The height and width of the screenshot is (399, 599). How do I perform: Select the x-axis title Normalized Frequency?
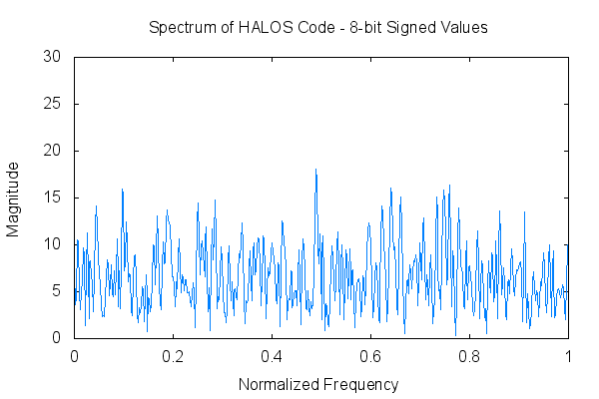click(x=318, y=384)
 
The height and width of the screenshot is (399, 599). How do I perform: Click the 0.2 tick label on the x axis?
click(x=174, y=356)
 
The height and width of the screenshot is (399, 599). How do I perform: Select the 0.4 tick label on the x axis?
click(x=273, y=356)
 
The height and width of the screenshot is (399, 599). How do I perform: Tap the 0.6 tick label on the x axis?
click(x=371, y=356)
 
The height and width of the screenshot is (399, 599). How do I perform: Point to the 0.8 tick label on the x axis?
click(x=470, y=356)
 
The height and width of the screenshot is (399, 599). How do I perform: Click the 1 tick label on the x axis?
click(x=568, y=356)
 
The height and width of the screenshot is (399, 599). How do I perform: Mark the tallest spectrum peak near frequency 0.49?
click(x=315, y=171)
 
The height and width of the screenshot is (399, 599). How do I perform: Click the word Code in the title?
click(x=312, y=28)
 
